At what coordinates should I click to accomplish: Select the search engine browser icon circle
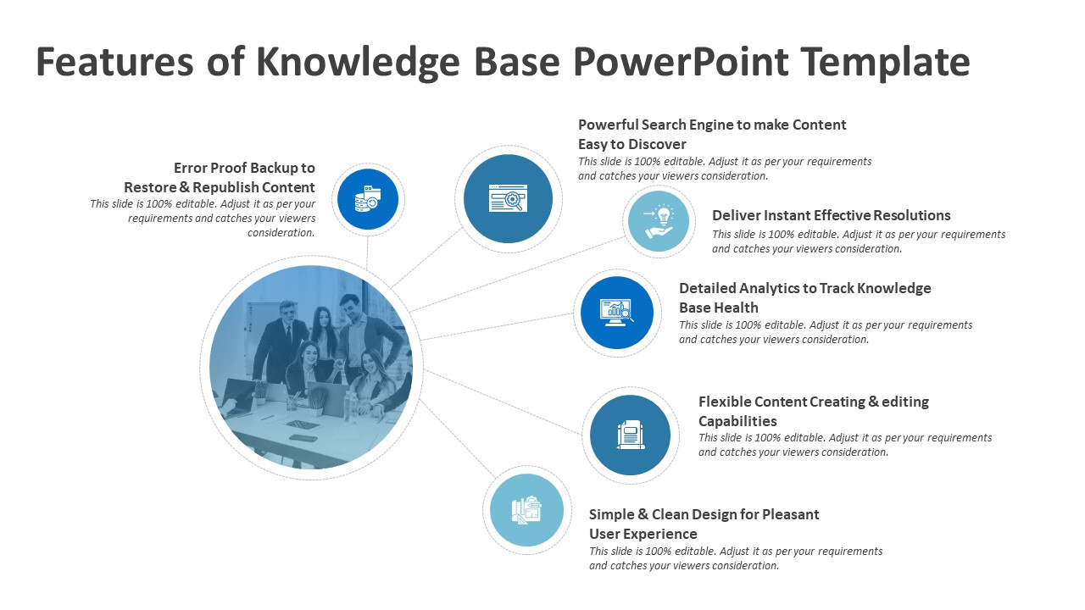point(508,199)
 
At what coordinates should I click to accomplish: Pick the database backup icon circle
point(368,200)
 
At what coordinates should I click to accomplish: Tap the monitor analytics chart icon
point(616,312)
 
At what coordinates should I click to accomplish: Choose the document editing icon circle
point(630,435)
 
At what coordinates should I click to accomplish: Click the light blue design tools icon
point(526,510)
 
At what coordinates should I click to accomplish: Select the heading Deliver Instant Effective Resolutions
point(831,215)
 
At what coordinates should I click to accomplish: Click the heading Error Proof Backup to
point(244,168)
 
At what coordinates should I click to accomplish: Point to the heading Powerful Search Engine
point(711,125)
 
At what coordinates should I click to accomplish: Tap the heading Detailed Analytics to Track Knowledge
point(804,288)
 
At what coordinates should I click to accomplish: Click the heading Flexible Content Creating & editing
point(813,402)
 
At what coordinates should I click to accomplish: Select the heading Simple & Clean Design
point(704,514)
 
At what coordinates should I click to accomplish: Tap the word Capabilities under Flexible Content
point(737,421)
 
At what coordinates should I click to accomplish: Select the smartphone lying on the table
point(303,438)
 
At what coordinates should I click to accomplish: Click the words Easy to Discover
point(632,144)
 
